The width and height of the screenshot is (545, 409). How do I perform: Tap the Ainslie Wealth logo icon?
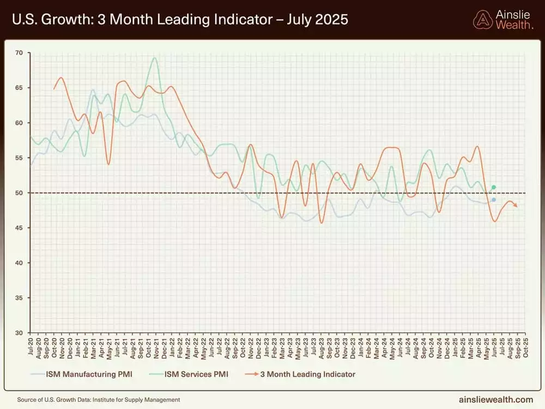point(482,20)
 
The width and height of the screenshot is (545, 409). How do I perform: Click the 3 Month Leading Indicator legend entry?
point(307,374)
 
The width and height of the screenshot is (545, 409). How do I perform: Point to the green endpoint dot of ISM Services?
point(494,188)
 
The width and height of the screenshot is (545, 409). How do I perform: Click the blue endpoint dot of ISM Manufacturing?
point(494,200)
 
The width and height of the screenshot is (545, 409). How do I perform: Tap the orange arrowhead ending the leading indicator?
point(516,206)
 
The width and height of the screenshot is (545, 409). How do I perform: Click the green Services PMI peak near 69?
point(155,58)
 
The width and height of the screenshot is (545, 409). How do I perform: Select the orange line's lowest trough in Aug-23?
point(322,222)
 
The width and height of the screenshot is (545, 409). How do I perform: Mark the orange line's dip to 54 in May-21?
point(108,164)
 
